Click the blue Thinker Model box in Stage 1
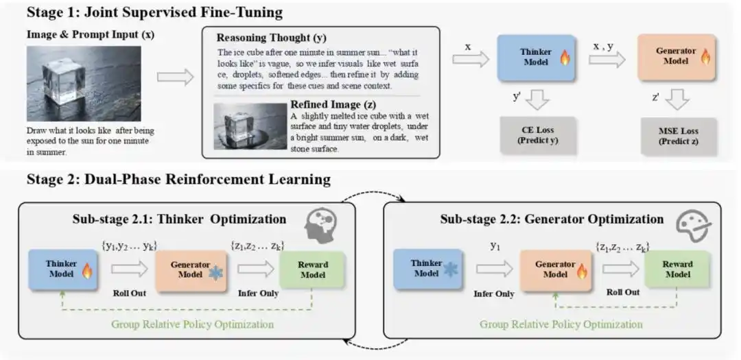(x=536, y=58)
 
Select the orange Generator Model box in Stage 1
(x=677, y=57)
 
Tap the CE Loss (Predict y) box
(x=539, y=135)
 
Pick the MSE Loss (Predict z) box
(x=679, y=136)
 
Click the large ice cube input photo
(x=84, y=84)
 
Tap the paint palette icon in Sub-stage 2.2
(x=693, y=226)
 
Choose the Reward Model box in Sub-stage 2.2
(x=677, y=269)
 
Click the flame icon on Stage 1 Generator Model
(x=705, y=57)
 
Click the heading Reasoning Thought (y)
(x=271, y=38)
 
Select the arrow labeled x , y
(x=607, y=60)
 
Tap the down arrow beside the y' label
(x=537, y=99)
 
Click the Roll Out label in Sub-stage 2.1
(x=130, y=293)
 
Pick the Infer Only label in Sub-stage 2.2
(x=494, y=294)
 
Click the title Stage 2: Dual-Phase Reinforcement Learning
(x=178, y=180)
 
